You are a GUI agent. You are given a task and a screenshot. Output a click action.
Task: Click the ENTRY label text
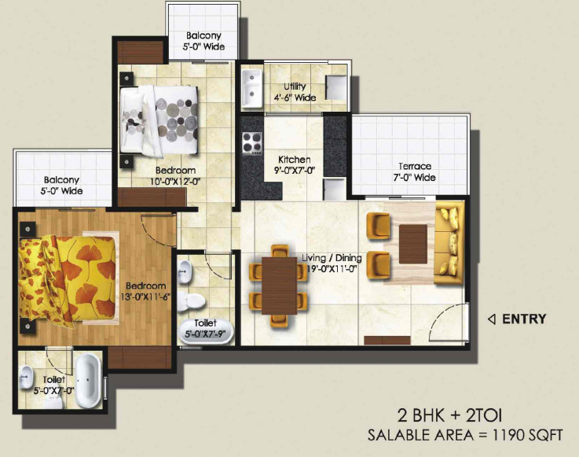click(524, 319)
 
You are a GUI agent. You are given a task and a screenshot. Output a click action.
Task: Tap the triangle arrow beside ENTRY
click(492, 319)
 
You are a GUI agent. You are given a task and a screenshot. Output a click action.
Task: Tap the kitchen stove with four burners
click(252, 143)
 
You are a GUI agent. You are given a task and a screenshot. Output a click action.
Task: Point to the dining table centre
click(277, 286)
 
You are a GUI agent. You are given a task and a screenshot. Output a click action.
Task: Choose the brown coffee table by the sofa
click(412, 241)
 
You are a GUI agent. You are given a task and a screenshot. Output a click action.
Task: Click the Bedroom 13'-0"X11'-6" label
click(145, 290)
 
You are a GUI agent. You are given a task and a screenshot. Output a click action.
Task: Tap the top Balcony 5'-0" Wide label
click(203, 41)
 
